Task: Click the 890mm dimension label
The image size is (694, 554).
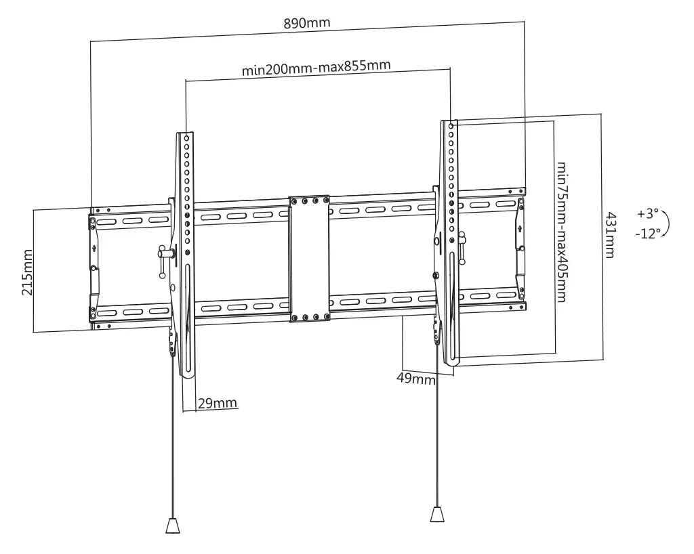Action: pyautogui.click(x=307, y=23)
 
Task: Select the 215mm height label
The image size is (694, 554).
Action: pyautogui.click(x=27, y=272)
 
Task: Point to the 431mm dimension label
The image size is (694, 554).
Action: pyautogui.click(x=611, y=235)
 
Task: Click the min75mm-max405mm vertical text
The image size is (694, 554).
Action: pyautogui.click(x=562, y=232)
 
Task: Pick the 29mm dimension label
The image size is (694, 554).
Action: pyautogui.click(x=217, y=403)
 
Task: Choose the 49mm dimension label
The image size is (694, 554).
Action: pyautogui.click(x=415, y=379)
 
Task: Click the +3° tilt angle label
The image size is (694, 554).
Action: pyautogui.click(x=648, y=214)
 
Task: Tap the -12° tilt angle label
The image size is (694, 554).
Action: pyautogui.click(x=647, y=233)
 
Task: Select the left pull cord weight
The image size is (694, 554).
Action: pyautogui.click(x=173, y=526)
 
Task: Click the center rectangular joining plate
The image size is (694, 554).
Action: pyautogui.click(x=309, y=259)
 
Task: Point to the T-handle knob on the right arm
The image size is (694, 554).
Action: pyautogui.click(x=462, y=247)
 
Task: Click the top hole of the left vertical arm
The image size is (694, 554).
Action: pyautogui.click(x=187, y=138)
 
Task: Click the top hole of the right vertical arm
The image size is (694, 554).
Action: pyautogui.click(x=451, y=126)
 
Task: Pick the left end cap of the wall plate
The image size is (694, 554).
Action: pyautogui.click(x=94, y=268)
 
